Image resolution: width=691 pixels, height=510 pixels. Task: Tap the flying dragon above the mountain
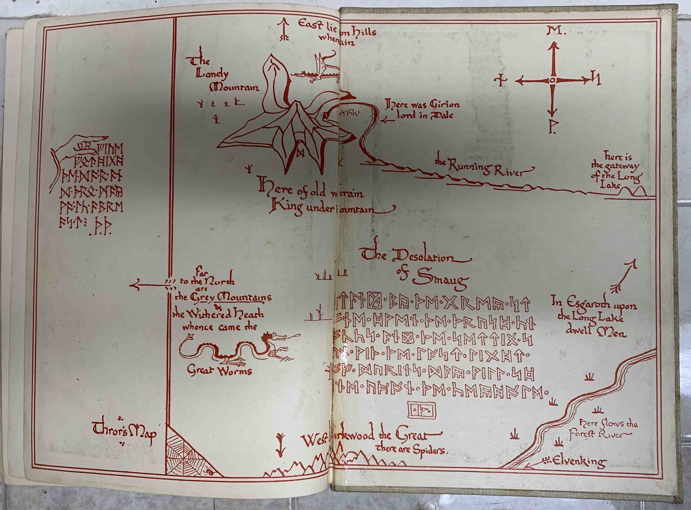pos(318,70)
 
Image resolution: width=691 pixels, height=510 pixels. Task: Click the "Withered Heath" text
pos(218,315)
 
